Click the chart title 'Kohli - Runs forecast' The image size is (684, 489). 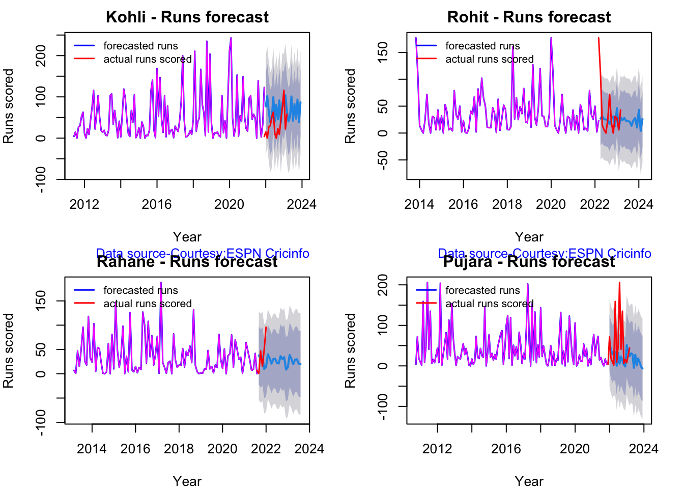pos(187,17)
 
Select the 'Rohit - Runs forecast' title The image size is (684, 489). pos(529,17)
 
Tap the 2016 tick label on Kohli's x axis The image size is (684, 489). pos(157,205)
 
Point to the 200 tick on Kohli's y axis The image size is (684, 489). pos(41,56)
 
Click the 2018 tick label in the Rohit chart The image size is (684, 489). pos(507,205)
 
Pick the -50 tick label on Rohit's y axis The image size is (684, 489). pos(383,160)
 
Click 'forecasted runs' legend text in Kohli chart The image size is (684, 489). pos(140,46)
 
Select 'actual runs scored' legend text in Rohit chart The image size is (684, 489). pos(489,59)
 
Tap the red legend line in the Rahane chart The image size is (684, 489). pos(84,304)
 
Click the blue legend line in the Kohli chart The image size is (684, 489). pos(84,46)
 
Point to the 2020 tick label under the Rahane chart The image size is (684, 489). pos(222,449)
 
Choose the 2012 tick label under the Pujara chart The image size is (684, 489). pos(437,449)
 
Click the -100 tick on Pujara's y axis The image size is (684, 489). pos(383,406)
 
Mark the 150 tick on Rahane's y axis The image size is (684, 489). pos(41,301)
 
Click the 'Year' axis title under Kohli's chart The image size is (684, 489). pos(187,237)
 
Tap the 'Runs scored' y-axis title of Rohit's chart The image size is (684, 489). pos(350,106)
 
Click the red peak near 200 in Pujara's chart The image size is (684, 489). pos(619,283)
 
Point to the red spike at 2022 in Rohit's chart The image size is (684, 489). pos(598,38)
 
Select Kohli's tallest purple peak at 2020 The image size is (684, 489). pos(231,38)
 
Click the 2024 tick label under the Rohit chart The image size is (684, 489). pos(638,205)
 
